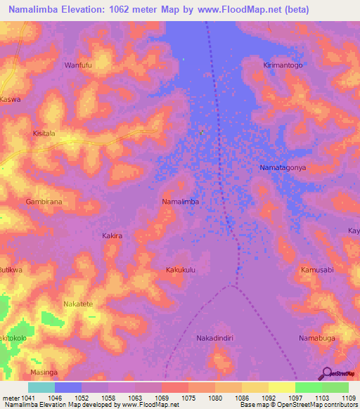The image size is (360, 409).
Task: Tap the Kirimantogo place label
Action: (x=283, y=65)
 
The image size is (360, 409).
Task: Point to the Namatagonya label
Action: (x=283, y=169)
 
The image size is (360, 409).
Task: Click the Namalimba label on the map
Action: (x=181, y=202)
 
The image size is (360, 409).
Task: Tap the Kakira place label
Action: (x=112, y=236)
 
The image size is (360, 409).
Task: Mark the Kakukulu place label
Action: (x=180, y=270)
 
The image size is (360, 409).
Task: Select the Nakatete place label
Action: (x=78, y=304)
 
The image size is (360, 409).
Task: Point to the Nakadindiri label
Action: (x=215, y=337)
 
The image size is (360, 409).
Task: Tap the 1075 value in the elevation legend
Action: (x=188, y=398)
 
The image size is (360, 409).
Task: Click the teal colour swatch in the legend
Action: (x=41, y=387)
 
